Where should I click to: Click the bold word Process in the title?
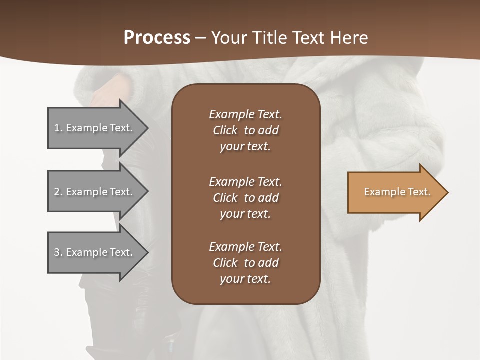point(157,38)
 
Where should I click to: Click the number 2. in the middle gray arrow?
point(58,192)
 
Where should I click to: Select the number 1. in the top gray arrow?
point(58,128)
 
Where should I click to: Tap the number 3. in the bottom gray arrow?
point(58,252)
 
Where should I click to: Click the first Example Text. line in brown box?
point(245,114)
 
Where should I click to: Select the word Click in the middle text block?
point(225,198)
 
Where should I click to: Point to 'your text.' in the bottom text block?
point(245,279)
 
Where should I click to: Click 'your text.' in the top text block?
point(245,147)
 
